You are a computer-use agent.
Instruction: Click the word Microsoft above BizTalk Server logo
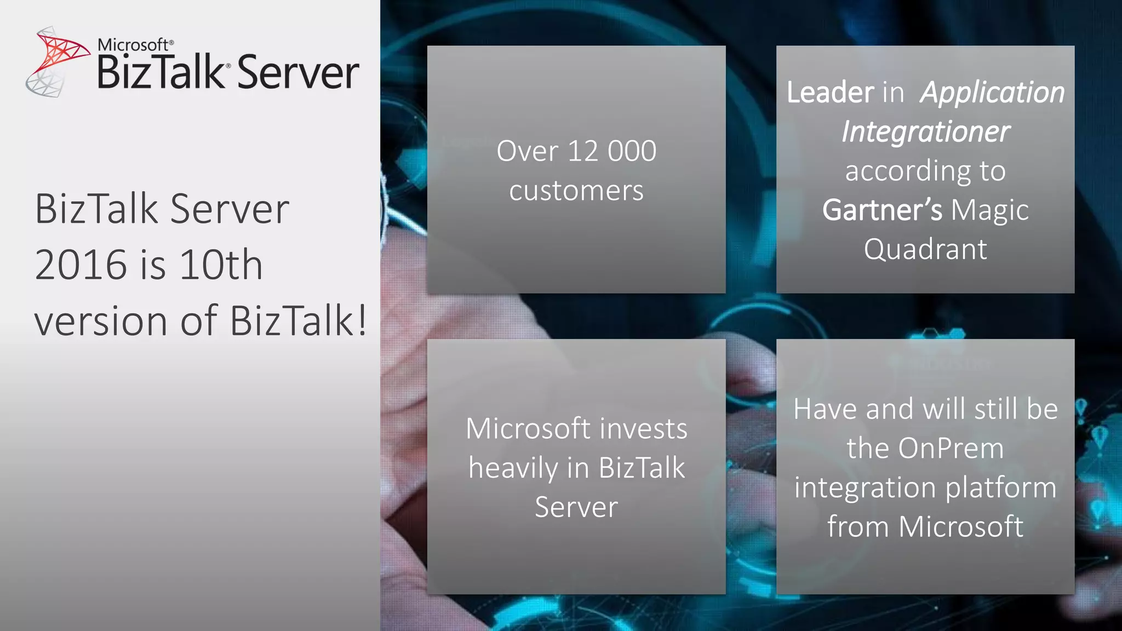133,45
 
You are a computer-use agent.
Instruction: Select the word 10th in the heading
221,265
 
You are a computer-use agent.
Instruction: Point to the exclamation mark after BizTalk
362,320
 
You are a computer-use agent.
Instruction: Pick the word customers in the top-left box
576,191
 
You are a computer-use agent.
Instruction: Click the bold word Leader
831,92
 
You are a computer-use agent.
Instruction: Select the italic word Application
992,92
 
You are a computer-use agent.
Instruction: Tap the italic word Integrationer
925,131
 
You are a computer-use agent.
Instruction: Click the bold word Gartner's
882,210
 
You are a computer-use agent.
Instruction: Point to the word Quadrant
925,249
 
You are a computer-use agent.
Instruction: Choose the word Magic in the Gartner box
990,210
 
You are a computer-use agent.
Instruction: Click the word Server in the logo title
298,73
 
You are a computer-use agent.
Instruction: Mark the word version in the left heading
101,321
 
